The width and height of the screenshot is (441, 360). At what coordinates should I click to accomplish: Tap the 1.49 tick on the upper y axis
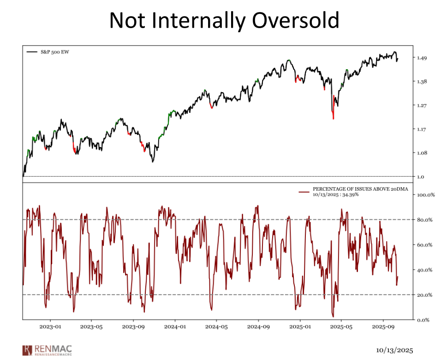pos(422,58)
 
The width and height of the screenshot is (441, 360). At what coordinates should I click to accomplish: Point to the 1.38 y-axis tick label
pos(422,82)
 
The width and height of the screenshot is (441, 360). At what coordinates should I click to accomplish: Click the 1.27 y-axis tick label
pos(422,106)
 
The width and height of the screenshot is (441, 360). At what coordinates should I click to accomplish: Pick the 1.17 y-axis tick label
pos(422,130)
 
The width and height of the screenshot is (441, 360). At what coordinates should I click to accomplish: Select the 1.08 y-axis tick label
pos(422,153)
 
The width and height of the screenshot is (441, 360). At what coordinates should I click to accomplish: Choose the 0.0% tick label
pos(423,320)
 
